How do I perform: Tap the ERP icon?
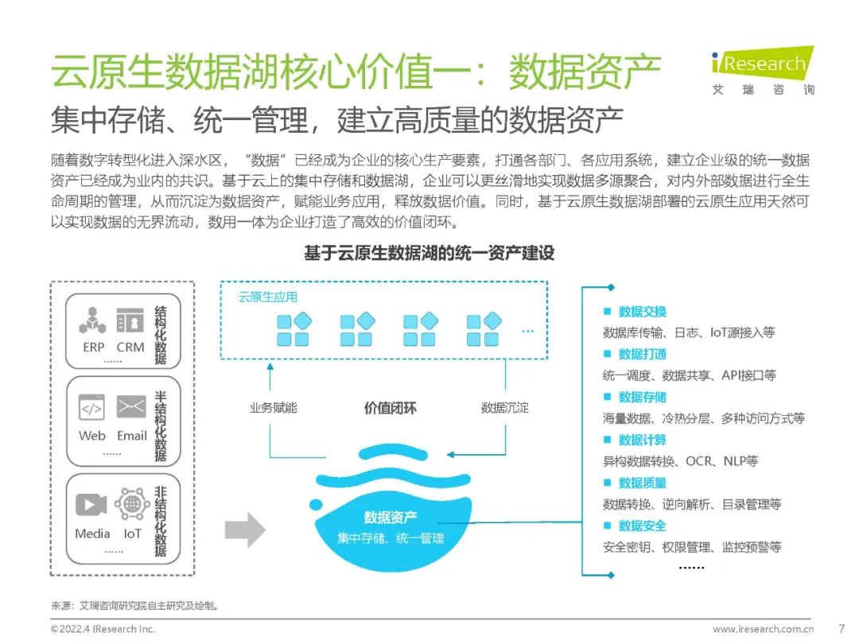(93, 320)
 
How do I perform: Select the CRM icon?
(130, 320)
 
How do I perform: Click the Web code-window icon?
(91, 408)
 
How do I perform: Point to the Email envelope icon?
(131, 407)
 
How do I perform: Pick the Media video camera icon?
(91, 505)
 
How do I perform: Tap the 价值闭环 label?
(390, 409)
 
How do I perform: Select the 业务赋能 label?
(273, 408)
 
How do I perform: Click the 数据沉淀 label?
(504, 408)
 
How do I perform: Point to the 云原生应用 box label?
(268, 297)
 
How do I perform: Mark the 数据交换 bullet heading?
(642, 312)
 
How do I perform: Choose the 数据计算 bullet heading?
(642, 440)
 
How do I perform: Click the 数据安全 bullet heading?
(642, 526)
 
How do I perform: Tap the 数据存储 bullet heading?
(642, 398)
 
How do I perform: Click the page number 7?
(842, 628)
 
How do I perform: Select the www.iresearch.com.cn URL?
(763, 629)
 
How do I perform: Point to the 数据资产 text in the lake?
(390, 518)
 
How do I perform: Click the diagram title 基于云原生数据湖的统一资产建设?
(429, 254)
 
